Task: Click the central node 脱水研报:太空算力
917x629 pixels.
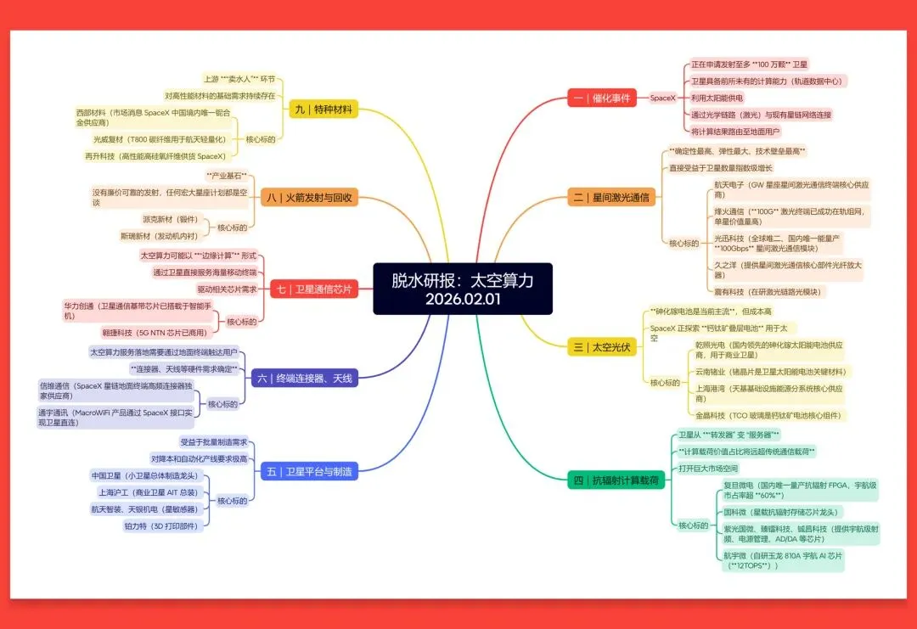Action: click(x=463, y=289)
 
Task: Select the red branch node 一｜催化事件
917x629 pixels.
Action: click(x=601, y=98)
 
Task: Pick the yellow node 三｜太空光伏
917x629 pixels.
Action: click(x=601, y=346)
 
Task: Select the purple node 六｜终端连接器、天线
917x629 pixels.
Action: click(x=305, y=378)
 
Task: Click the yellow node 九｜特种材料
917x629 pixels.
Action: click(x=323, y=109)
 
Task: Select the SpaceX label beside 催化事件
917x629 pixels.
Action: click(x=662, y=98)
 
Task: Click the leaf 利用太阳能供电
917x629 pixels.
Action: click(x=717, y=98)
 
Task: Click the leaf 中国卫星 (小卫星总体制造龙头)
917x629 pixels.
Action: click(x=145, y=475)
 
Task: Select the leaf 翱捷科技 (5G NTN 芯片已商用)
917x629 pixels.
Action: click(x=153, y=333)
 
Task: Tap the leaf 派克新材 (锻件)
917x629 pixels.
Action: click(x=171, y=219)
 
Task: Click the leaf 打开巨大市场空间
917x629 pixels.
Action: click(x=707, y=469)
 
